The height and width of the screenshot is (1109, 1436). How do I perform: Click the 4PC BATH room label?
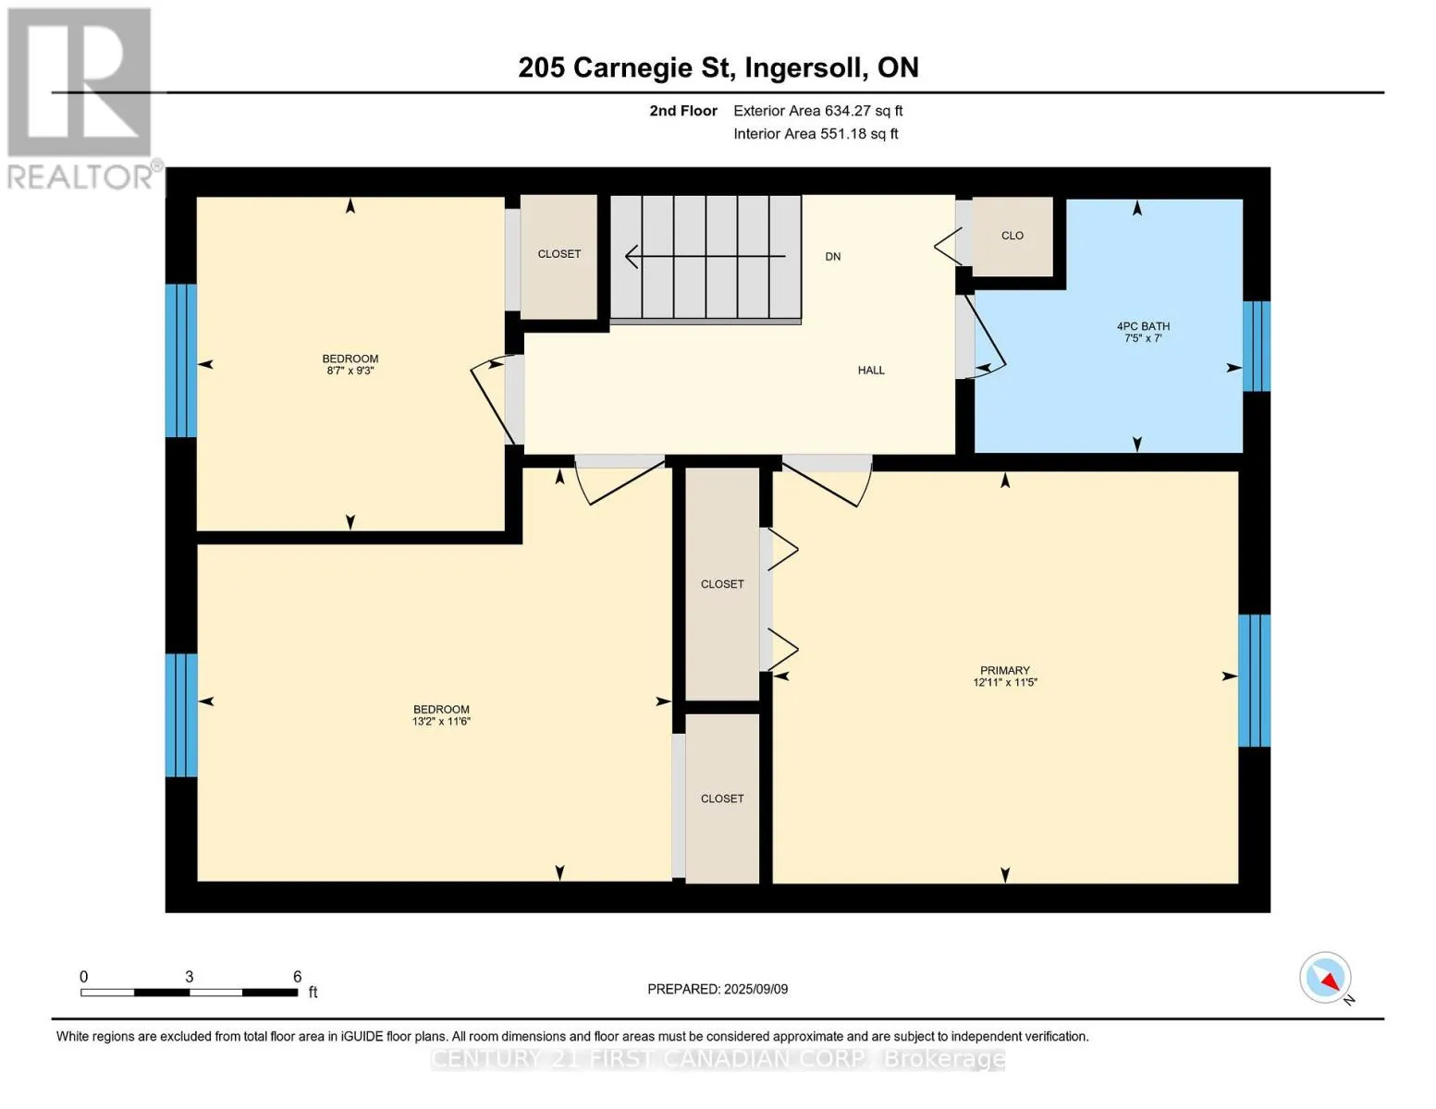[1143, 326]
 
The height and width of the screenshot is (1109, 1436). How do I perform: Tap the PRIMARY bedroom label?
[1004, 670]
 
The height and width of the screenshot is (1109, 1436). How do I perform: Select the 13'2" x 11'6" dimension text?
[441, 722]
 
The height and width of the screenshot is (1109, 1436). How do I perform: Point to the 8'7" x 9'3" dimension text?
[350, 371]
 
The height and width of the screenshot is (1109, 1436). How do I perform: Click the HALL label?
[871, 371]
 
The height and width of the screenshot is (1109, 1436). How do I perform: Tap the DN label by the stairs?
[832, 256]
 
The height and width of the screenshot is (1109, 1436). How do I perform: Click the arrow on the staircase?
[706, 256]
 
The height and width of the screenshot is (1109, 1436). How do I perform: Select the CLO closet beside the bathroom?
[1013, 236]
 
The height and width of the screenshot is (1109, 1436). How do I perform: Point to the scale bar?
[189, 992]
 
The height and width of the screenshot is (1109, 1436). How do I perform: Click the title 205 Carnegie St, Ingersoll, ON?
[718, 67]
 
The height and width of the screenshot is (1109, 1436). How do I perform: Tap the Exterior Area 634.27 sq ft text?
[818, 111]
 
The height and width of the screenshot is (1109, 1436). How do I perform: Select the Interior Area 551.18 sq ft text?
[816, 134]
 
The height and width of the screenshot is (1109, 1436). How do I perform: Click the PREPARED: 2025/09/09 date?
[718, 990]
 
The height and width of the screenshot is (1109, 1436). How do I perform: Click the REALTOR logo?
[82, 99]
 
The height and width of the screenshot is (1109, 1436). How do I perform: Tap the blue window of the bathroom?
[1257, 347]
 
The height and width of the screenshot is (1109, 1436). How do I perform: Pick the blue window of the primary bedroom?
[1254, 681]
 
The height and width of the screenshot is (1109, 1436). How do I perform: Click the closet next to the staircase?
[559, 257]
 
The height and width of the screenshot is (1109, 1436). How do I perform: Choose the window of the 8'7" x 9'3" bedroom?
[181, 360]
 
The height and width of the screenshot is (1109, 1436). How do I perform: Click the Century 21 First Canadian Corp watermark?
[718, 1059]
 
